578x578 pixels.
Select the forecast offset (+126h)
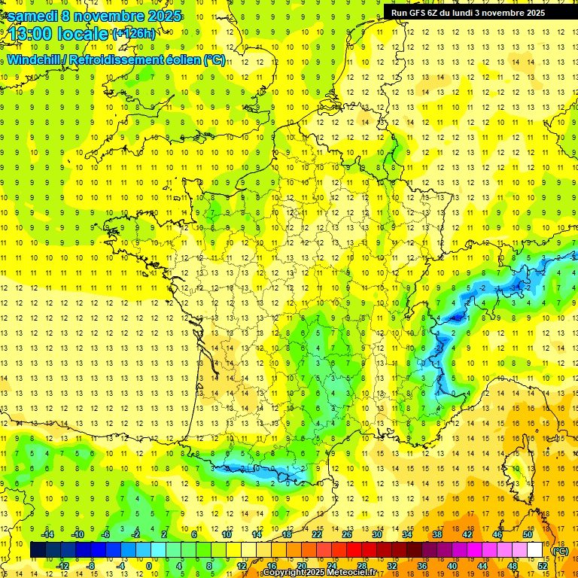[x=134, y=33]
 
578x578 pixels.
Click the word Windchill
[x=35, y=59]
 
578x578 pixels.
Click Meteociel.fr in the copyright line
[x=354, y=573]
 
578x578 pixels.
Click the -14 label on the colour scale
[x=47, y=534]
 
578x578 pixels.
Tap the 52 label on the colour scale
[x=543, y=566]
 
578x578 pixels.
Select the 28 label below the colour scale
[x=362, y=566]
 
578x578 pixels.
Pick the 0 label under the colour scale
[x=148, y=566]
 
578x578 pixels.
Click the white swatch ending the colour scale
[x=535, y=550]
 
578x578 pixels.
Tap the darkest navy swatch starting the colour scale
[x=38, y=550]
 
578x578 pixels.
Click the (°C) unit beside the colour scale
[x=561, y=550]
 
